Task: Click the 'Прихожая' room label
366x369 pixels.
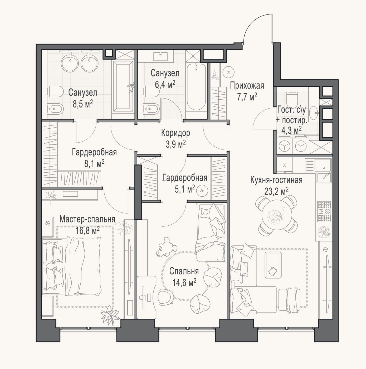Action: click(247, 86)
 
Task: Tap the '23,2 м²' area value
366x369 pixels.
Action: click(277, 191)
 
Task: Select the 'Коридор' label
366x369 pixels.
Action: click(175, 133)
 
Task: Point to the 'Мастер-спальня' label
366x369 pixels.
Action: click(87, 219)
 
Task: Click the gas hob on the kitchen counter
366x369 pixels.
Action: click(324, 211)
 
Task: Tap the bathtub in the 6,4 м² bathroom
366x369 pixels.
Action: click(196, 87)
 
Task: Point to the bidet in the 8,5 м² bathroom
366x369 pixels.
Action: click(55, 109)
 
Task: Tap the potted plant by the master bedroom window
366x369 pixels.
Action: click(110, 316)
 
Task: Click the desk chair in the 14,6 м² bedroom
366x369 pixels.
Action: click(166, 297)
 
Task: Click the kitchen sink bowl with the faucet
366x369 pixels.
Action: click(324, 177)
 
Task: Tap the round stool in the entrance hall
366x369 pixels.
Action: click(229, 72)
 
